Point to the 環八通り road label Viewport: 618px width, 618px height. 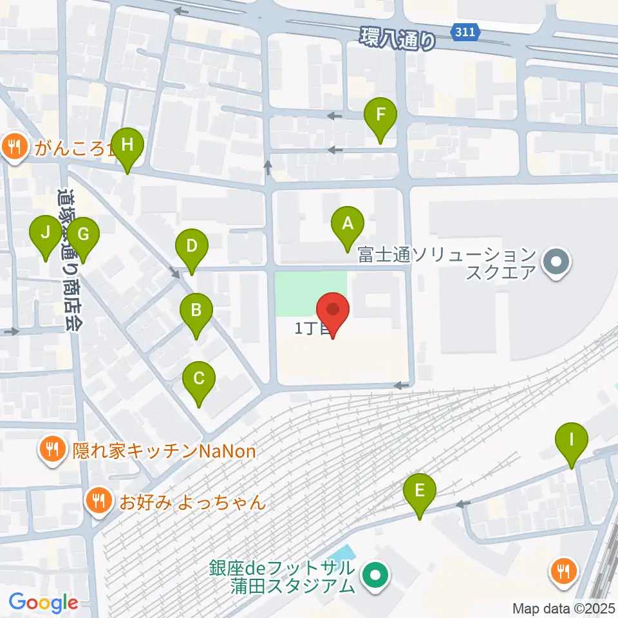398,39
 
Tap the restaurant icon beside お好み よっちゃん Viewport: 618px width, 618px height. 98,501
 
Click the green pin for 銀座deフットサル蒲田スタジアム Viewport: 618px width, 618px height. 374,576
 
